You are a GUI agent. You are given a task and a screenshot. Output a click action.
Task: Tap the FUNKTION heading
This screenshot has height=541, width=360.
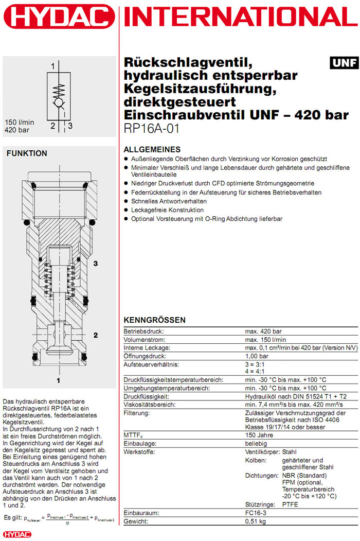(x=27, y=153)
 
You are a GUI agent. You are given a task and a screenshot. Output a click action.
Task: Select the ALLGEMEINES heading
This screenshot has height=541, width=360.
(x=152, y=149)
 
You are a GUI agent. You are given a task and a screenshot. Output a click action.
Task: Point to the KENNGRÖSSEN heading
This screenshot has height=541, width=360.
(x=155, y=320)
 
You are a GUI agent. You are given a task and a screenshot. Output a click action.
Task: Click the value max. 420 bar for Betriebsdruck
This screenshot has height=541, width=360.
(x=263, y=331)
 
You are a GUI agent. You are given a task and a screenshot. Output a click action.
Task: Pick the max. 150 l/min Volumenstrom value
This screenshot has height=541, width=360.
(x=265, y=340)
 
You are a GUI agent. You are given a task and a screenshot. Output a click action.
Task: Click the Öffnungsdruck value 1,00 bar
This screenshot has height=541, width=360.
(x=256, y=356)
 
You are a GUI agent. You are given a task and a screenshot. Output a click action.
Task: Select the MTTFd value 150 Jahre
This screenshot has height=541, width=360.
(x=259, y=435)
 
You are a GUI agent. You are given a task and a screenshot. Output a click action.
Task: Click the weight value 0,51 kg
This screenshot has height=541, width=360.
(x=255, y=521)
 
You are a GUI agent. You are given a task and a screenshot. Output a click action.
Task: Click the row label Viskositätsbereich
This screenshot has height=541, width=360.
(x=150, y=405)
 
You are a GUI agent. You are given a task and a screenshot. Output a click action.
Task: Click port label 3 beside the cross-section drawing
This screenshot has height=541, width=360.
(x=96, y=264)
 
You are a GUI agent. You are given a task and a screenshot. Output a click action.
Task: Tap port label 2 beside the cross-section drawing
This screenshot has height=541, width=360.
(x=96, y=335)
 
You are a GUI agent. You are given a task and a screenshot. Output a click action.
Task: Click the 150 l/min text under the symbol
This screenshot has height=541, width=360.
(x=20, y=122)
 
